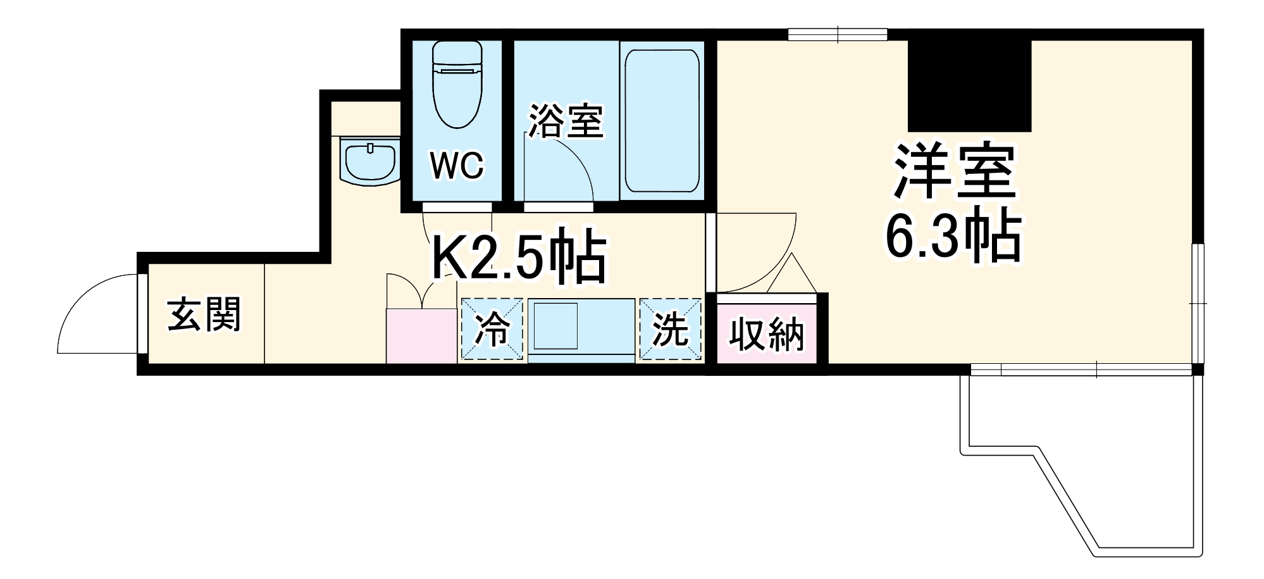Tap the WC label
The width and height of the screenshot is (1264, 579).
point(457,166)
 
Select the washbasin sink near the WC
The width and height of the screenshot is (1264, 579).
point(368,161)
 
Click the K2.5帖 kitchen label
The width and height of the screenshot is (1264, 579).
point(519,258)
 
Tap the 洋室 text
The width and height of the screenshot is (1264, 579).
point(954,171)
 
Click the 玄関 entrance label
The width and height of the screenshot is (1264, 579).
point(204,314)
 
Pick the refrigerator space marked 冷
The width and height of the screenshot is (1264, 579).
point(492,329)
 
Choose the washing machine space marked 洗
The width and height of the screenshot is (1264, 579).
point(670,329)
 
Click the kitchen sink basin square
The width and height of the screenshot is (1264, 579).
point(555,326)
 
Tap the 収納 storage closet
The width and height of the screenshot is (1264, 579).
point(766,333)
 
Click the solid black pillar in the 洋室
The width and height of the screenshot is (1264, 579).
point(969,85)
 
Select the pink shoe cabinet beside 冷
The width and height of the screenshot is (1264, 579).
point(421,335)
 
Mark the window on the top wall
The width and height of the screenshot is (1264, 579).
point(838,34)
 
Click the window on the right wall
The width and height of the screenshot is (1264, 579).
point(1198,304)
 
